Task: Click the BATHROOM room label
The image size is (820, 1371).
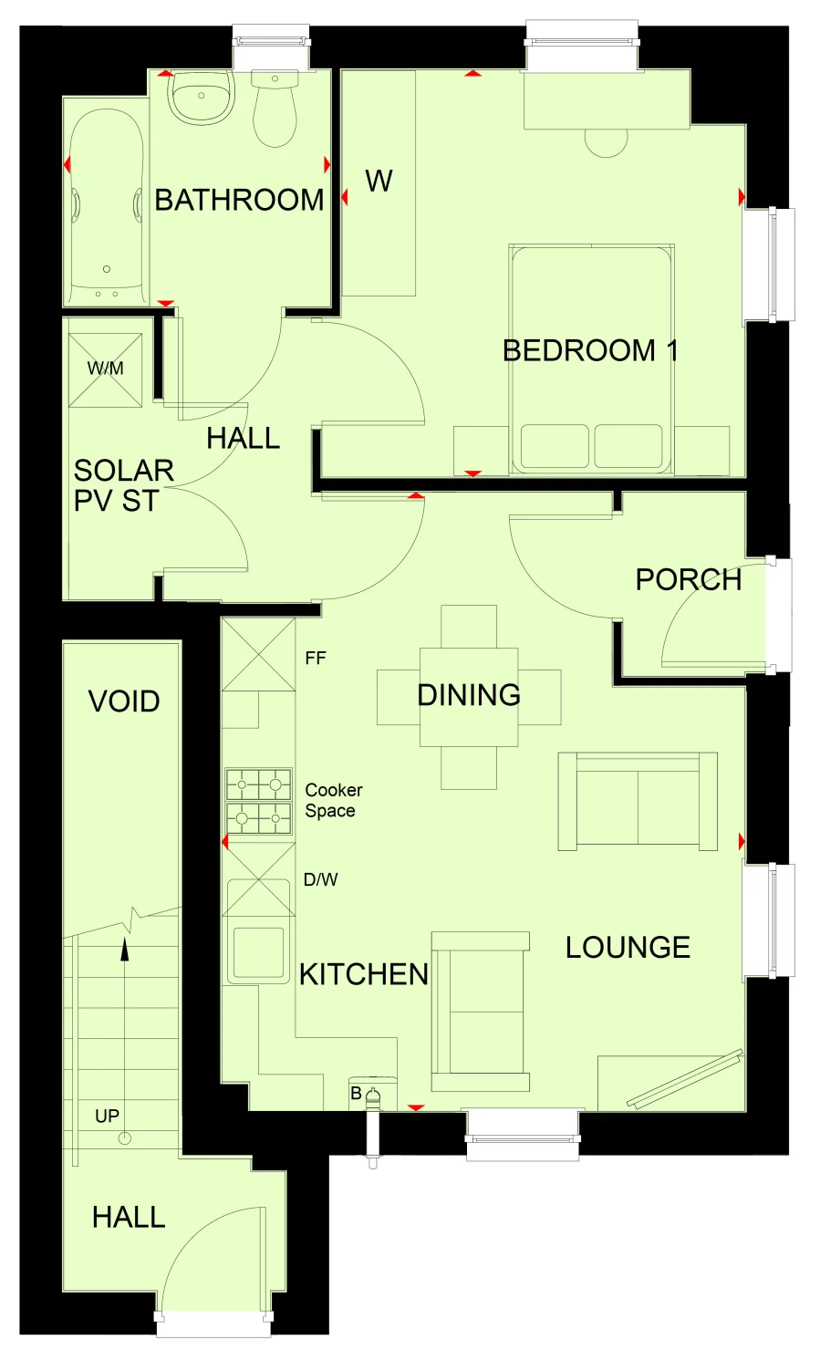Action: [x=239, y=200]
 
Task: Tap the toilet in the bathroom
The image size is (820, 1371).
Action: [x=275, y=110]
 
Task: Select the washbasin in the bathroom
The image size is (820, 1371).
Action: [x=201, y=99]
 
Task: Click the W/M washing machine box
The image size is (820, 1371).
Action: [x=106, y=369]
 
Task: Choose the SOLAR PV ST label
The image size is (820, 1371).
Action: [x=123, y=485]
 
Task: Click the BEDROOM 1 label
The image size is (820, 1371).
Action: [x=589, y=350]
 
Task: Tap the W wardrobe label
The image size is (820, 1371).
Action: [x=379, y=182]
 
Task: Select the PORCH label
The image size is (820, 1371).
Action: [x=688, y=579]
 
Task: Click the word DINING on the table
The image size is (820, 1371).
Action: [x=469, y=695]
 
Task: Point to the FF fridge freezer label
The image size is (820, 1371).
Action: [x=316, y=658]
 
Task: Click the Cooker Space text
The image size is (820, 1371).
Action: [x=333, y=800]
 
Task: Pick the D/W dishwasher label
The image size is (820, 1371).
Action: [x=320, y=880]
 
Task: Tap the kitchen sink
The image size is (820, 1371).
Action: [x=259, y=952]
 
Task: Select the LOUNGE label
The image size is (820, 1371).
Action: [x=628, y=948]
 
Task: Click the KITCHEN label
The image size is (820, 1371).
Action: [x=364, y=974]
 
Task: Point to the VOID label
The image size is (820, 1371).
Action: [x=124, y=701]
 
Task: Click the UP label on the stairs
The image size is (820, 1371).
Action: [x=107, y=1116]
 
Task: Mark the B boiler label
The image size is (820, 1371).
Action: [x=356, y=1093]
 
